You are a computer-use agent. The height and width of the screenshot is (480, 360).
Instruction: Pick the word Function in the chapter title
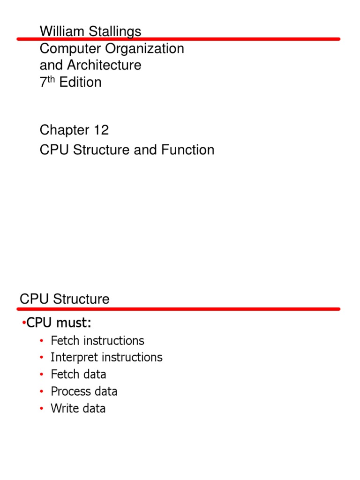pos(188,150)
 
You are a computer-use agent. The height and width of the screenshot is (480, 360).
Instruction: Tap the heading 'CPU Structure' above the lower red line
pos(65,299)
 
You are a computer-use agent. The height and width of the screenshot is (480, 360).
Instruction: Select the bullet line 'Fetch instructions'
pos(97,341)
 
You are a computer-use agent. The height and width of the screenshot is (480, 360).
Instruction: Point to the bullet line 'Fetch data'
pos(78,375)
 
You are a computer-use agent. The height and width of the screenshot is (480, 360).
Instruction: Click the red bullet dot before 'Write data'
pos(42,408)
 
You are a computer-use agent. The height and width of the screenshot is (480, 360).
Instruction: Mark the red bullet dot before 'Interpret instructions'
pos(42,358)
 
